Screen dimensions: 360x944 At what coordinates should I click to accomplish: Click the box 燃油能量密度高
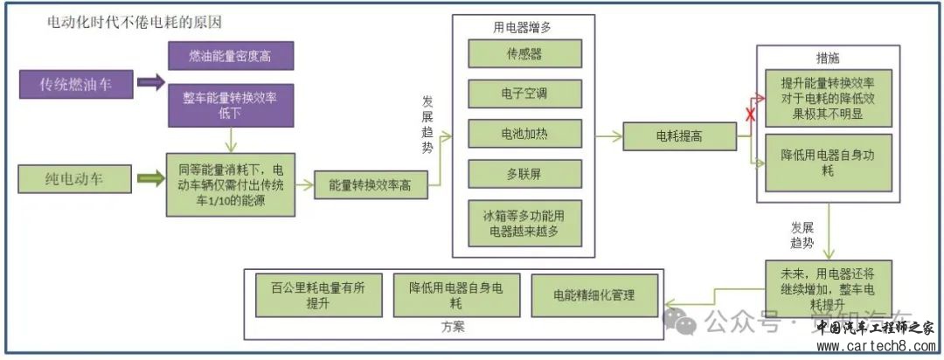229,55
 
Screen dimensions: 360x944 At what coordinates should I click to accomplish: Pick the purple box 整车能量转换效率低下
229,102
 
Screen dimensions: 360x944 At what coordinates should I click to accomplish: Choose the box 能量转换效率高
370,185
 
